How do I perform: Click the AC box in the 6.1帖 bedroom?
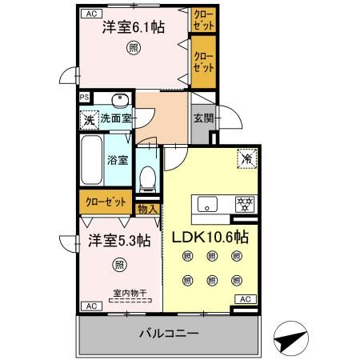point(91,14)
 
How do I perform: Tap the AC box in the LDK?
point(246,299)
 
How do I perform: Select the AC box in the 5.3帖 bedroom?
point(91,306)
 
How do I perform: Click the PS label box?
point(85,98)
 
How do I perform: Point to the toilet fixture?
point(147,178)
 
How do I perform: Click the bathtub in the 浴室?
point(91,160)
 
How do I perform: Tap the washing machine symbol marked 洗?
point(90,120)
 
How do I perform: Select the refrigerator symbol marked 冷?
point(247,159)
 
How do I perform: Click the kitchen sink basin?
point(207,204)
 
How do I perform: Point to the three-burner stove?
point(245,204)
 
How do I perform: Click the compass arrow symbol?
point(291,338)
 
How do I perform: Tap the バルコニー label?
point(169,334)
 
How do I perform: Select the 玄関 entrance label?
point(203,118)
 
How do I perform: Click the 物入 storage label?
point(148,209)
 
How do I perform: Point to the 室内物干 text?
point(130,293)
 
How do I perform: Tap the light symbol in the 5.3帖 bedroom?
point(119,265)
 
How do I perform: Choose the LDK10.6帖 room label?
point(210,237)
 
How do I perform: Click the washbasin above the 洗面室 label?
point(120,100)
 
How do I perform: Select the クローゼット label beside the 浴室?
point(106,202)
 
